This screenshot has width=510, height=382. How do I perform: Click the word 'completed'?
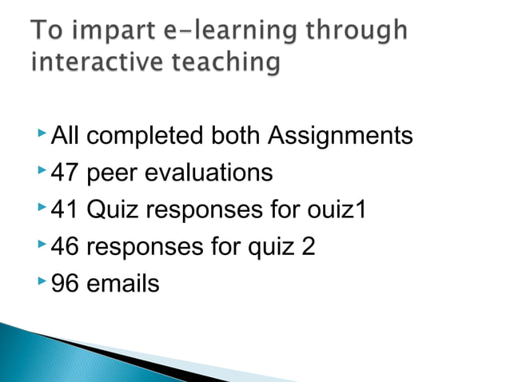pos(145,137)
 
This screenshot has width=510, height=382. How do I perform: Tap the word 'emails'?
pos(122,283)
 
